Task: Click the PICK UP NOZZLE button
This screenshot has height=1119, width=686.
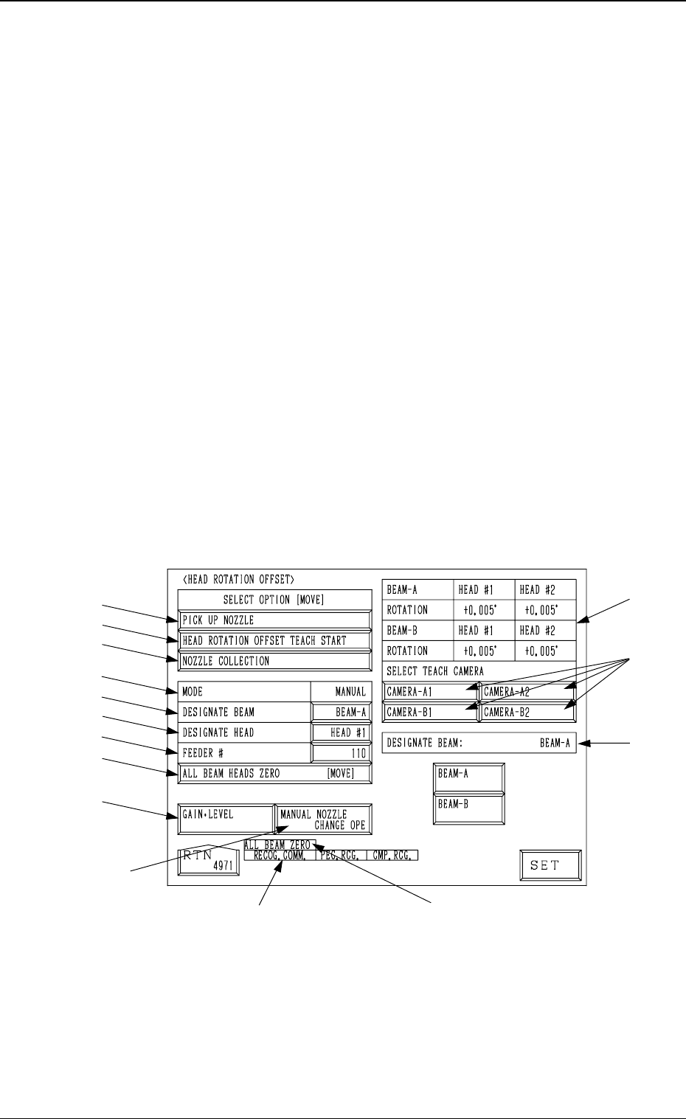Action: coord(274,620)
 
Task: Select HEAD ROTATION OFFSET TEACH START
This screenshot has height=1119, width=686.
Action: coord(274,640)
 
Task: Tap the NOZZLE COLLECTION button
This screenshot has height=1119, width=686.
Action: coord(274,661)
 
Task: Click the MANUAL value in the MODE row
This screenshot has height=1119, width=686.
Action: coord(350,692)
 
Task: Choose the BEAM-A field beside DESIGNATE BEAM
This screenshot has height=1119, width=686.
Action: coord(341,713)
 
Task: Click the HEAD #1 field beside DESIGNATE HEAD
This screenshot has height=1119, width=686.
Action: coord(341,732)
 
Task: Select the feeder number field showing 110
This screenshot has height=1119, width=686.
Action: coord(341,753)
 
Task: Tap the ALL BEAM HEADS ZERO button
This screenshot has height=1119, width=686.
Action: coord(274,774)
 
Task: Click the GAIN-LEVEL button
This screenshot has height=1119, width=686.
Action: coord(226,820)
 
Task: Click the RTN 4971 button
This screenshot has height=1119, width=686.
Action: coord(209,861)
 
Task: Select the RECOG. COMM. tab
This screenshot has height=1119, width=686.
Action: coord(279,856)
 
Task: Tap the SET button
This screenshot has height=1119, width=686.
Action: coord(550,865)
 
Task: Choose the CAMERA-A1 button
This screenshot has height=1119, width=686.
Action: coord(430,693)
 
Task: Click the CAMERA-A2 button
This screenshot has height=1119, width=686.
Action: coord(527,693)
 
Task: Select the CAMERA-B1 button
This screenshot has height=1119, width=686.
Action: coord(430,713)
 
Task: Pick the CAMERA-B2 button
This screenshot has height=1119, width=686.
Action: coord(527,713)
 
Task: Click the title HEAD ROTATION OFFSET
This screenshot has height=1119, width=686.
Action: coord(238,579)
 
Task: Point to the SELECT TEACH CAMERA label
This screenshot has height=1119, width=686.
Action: coord(435,671)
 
